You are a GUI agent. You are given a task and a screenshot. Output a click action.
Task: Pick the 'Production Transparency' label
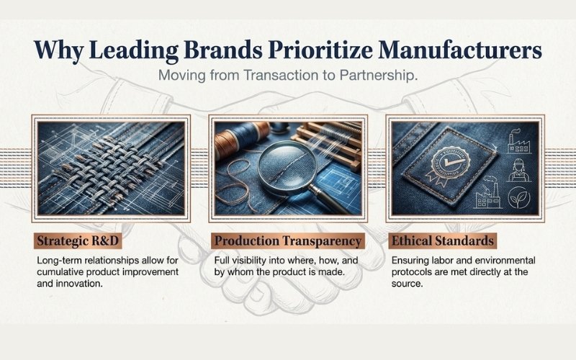point(288,241)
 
